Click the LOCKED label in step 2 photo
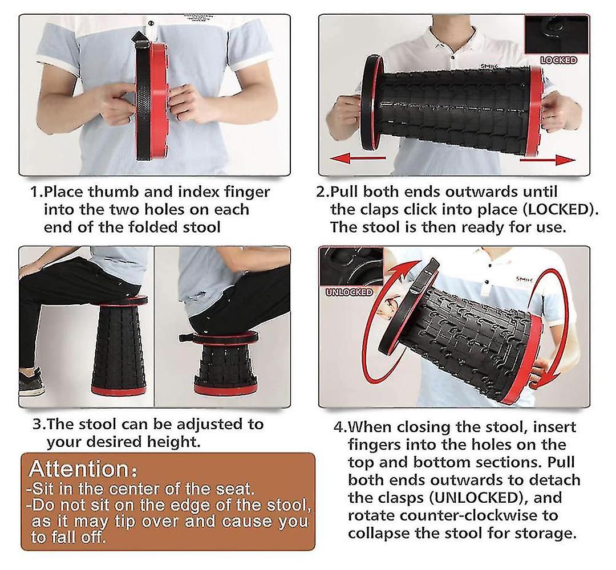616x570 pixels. pos(558,60)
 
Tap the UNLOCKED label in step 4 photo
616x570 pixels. pos(349,292)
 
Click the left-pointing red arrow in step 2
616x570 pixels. pos(358,158)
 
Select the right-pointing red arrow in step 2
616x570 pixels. pos(547,160)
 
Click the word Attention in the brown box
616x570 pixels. pos(79,469)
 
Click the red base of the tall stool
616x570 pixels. pos(118,390)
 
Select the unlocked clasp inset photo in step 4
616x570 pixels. pos(350,267)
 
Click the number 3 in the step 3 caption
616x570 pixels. pos(37,424)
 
